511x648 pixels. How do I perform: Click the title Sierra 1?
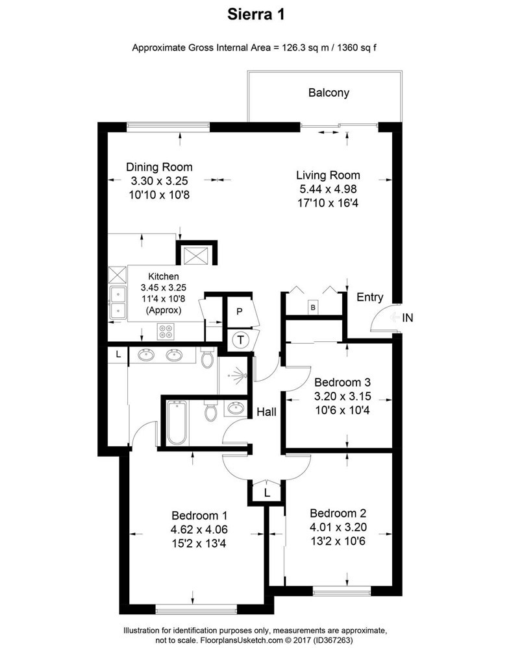coord(255,14)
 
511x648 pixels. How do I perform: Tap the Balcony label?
coord(329,92)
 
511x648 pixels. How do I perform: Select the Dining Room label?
coord(159,167)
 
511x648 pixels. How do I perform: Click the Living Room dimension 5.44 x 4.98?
coord(328,189)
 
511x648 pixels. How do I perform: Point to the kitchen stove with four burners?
coord(166,331)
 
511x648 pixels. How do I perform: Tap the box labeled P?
coord(240,312)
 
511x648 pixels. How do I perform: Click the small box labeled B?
coord(314,307)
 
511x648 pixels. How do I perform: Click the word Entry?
coord(370,297)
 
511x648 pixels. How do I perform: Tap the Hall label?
coord(267,411)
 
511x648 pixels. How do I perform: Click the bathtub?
coord(177,423)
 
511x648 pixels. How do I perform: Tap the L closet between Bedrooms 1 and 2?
coord(267,493)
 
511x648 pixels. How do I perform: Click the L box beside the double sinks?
coord(118,354)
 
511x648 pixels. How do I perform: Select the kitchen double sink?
coord(118,302)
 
